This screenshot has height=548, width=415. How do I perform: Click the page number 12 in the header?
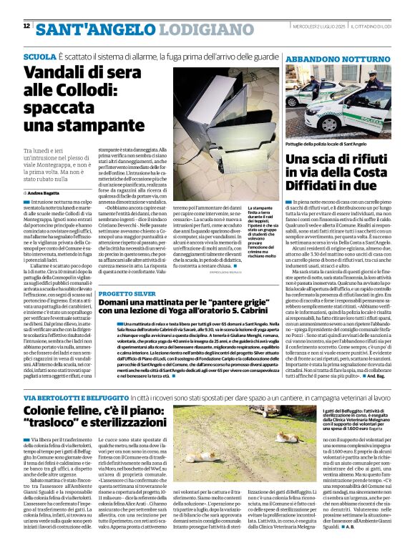(26, 26)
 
